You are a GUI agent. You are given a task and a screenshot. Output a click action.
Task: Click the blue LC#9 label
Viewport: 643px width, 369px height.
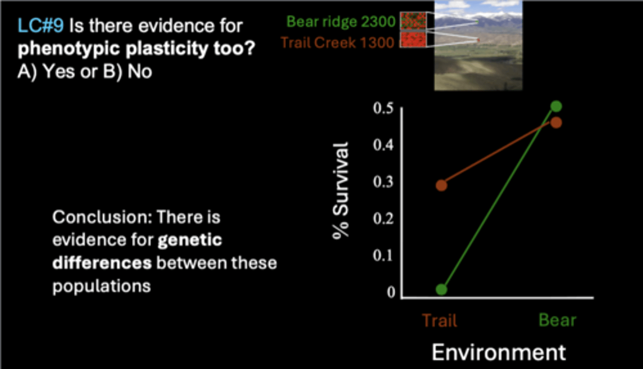(x=41, y=25)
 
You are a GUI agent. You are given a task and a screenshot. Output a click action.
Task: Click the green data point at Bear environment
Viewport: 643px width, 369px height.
(x=556, y=106)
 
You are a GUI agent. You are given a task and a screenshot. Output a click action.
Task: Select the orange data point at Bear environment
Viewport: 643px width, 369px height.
(x=556, y=123)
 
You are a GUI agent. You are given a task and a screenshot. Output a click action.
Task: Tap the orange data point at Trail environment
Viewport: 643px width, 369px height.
(x=442, y=185)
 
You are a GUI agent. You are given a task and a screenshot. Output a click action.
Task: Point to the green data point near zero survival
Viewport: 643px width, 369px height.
(x=442, y=289)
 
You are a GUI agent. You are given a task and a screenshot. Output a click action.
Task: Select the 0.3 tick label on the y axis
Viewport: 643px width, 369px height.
(x=383, y=182)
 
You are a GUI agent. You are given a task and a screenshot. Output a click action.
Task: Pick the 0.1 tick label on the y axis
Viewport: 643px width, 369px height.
(x=383, y=255)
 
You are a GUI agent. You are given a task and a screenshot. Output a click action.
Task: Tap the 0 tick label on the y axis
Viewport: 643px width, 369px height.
(x=391, y=292)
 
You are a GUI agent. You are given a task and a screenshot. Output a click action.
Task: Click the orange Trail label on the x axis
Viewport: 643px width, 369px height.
(x=439, y=320)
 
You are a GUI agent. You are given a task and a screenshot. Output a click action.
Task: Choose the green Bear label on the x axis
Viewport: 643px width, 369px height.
(x=557, y=320)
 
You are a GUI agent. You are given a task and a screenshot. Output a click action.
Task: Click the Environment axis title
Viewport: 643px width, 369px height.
(x=499, y=352)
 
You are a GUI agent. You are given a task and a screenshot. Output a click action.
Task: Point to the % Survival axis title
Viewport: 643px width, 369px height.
(x=341, y=190)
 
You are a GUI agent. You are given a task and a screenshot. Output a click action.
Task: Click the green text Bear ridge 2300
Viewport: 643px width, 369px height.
(x=341, y=21)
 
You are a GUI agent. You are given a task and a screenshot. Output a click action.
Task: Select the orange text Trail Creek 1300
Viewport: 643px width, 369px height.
(x=338, y=42)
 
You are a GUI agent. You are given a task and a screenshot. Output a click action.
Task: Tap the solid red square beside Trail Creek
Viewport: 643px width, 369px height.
(x=413, y=40)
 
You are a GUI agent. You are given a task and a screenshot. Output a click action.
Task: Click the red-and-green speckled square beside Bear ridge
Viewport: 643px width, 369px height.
(x=413, y=21)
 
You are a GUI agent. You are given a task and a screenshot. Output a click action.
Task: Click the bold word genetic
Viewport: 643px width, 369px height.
(x=190, y=240)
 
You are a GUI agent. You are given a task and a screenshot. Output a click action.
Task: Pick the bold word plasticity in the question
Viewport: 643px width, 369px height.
(x=167, y=48)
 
